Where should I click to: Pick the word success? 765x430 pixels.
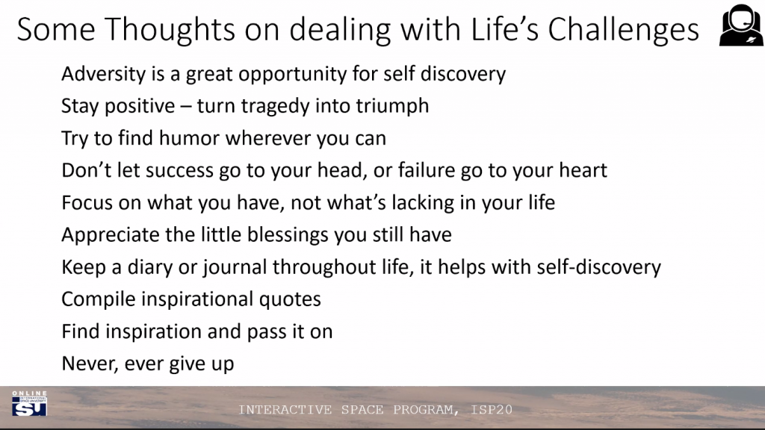[179, 171]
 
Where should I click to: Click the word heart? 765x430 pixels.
[583, 170]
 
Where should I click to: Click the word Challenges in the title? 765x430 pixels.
[624, 30]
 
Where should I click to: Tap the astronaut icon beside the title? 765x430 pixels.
[741, 25]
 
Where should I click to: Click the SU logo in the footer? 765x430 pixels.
[29, 404]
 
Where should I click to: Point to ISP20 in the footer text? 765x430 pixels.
[492, 410]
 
